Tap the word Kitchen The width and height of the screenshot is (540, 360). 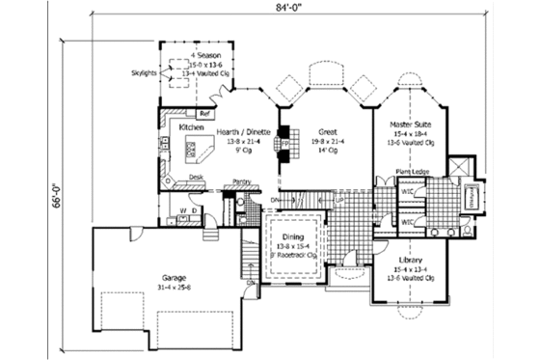191,127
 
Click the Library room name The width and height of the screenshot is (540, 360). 411,259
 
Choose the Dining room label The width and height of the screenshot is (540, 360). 294,237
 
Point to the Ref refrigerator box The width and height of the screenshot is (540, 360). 204,113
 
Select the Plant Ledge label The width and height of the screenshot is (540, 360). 414,173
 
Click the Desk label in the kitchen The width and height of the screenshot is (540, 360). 195,178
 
